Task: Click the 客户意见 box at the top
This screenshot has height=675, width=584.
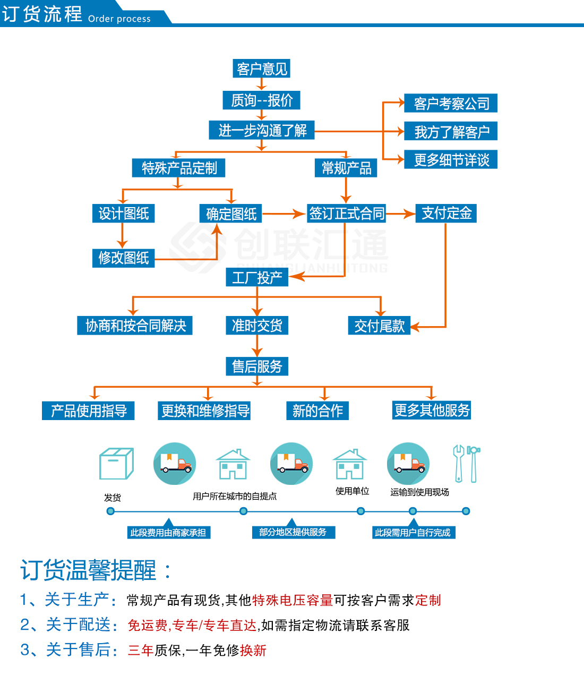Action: pyautogui.click(x=262, y=69)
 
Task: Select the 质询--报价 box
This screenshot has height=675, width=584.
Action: pyautogui.click(x=262, y=100)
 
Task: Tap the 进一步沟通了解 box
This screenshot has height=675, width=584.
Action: pyautogui.click(x=262, y=130)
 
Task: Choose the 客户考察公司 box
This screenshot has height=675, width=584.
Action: pyautogui.click(x=451, y=103)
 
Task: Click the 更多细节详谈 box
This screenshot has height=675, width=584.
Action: pyautogui.click(x=451, y=160)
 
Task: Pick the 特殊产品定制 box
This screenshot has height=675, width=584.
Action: pyautogui.click(x=179, y=168)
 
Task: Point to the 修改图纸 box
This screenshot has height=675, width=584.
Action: pyautogui.click(x=123, y=258)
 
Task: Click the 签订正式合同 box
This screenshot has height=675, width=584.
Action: pyautogui.click(x=346, y=213)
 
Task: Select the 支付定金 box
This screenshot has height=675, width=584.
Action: pyautogui.click(x=446, y=213)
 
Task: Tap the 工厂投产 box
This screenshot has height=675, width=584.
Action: pyautogui.click(x=257, y=277)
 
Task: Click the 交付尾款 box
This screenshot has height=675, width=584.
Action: pyautogui.click(x=379, y=326)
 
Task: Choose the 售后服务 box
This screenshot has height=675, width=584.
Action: pyautogui.click(x=257, y=366)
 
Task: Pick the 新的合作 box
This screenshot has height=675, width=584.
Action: pyautogui.click(x=317, y=411)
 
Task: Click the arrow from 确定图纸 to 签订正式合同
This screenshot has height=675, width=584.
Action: pyautogui.click(x=284, y=214)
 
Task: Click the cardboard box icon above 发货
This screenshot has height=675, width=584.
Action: pyautogui.click(x=116, y=463)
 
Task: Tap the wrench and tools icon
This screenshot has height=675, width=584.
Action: pyautogui.click(x=466, y=464)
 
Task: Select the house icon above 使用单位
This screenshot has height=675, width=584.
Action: pyautogui.click(x=349, y=464)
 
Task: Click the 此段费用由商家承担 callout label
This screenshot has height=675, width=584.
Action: pyautogui.click(x=168, y=532)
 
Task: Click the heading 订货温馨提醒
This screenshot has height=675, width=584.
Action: pyautogui.click(x=88, y=570)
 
